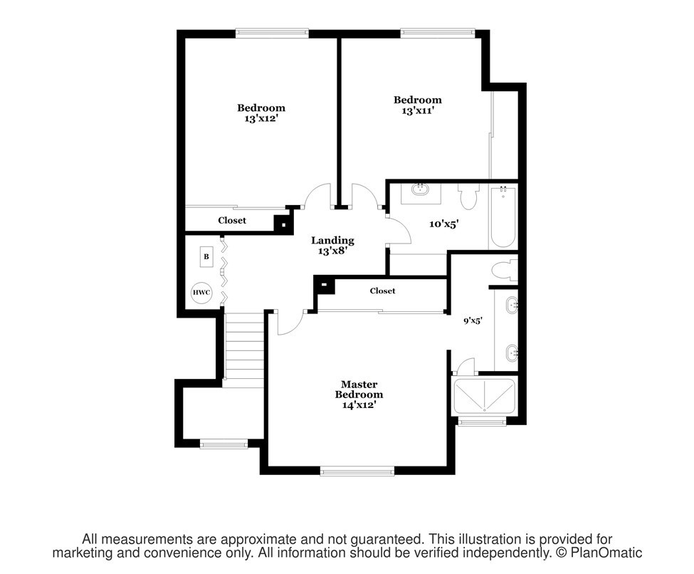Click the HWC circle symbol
pos(201,293)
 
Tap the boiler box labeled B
pos(206,257)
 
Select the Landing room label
pos(332,241)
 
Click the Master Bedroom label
pos(359,390)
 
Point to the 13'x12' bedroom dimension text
pos(261,119)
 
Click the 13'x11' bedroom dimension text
pos(417,110)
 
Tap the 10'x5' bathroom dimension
pos(443,224)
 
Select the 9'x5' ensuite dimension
pos(473,320)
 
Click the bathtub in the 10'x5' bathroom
pos(503,217)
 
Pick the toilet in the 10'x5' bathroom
pos(468,197)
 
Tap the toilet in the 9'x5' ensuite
pos(505,271)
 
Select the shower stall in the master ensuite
pos(484,397)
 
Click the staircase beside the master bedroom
pos(245,346)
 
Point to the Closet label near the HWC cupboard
pos(232,220)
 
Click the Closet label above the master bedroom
pos(382,291)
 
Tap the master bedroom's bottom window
pos(357,471)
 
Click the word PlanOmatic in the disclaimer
pos(606,553)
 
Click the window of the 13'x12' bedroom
pos(272,31)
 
